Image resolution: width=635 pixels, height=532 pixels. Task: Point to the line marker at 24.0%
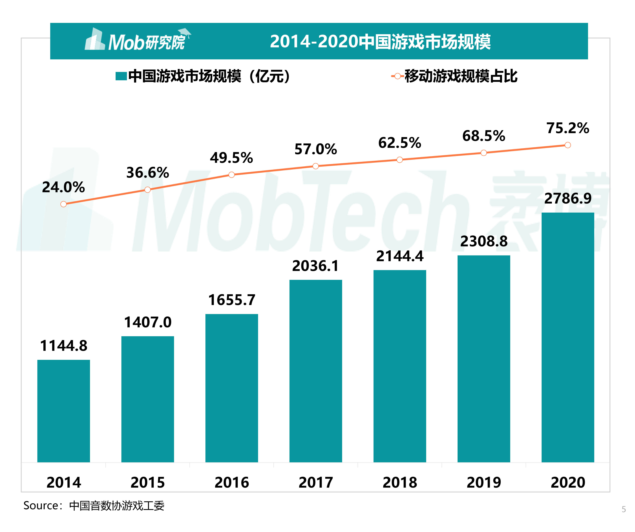[x=64, y=204]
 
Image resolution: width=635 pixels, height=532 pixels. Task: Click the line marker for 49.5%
[x=232, y=175]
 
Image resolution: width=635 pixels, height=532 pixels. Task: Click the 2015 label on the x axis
[x=148, y=482]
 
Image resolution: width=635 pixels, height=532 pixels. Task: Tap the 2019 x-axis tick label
[x=484, y=482]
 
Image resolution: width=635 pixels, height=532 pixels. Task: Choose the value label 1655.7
[x=232, y=300]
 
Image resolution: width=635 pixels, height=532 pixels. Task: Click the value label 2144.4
[x=400, y=256]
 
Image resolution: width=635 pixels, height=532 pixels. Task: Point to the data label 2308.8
[x=484, y=241]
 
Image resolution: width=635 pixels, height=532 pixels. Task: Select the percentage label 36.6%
[x=148, y=172]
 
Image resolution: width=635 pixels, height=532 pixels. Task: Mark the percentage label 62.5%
[x=400, y=143]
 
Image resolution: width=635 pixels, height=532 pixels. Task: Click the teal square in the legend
[x=121, y=76]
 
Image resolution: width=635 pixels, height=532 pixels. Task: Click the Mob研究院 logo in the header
[x=138, y=41]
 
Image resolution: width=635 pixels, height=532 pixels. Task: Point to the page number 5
[x=624, y=509]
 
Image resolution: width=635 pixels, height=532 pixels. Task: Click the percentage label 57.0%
[x=316, y=149]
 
